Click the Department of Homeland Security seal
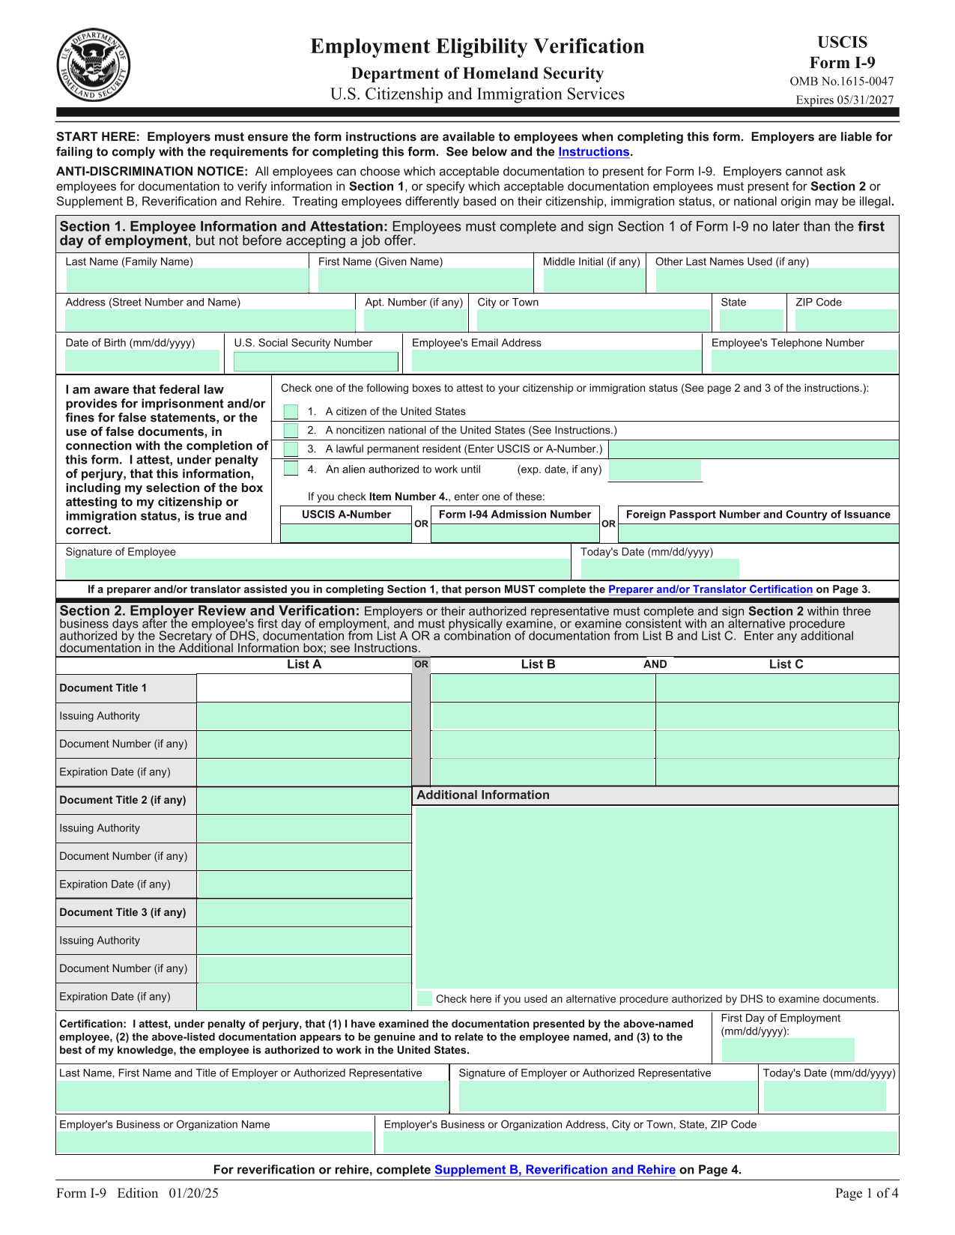coord(94,65)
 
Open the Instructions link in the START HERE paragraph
coord(593,152)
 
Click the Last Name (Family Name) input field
coord(187,281)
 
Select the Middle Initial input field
coord(592,281)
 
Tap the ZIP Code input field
coord(846,321)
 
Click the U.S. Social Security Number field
coord(315,362)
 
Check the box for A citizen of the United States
coord(291,412)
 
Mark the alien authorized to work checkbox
coord(291,469)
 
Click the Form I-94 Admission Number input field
coord(515,533)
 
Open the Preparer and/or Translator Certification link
coord(710,590)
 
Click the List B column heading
coord(538,664)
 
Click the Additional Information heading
coord(483,795)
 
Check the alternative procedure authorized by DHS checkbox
coord(425,998)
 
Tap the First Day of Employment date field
coord(787,1050)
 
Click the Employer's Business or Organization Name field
coord(214,1143)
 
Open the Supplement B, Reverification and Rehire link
coord(554,1170)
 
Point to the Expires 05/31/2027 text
coord(844,100)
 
